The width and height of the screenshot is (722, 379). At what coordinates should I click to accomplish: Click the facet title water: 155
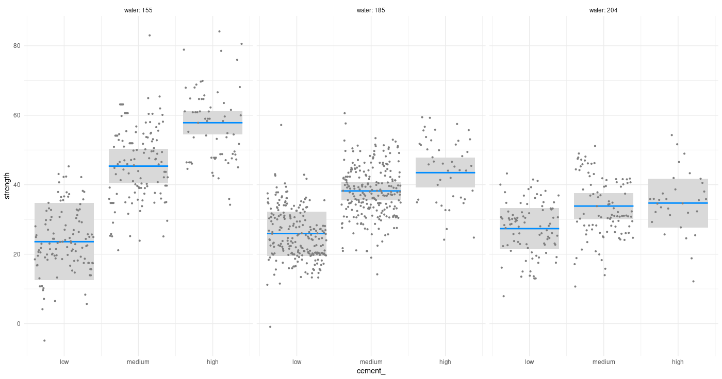(x=138, y=10)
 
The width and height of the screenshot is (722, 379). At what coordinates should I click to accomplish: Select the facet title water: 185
(x=371, y=10)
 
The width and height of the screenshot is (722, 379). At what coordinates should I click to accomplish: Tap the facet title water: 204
(x=603, y=10)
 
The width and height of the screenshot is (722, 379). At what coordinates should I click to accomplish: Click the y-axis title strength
(x=7, y=185)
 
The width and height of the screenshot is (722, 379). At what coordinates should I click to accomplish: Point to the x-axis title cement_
(x=371, y=371)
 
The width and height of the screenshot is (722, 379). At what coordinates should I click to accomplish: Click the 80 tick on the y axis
(x=17, y=46)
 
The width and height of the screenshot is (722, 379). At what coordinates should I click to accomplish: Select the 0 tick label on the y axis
(x=19, y=324)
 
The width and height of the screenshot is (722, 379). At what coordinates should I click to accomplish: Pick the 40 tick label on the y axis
(x=17, y=185)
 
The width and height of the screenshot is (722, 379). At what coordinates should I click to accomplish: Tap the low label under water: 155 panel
(x=64, y=362)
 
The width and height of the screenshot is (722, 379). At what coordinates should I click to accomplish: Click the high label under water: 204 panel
(x=678, y=362)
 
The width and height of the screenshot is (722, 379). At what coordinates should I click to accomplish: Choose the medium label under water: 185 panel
(x=371, y=362)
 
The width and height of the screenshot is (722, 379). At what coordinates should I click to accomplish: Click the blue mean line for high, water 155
(x=212, y=123)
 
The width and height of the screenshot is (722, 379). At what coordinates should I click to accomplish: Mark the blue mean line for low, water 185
(x=297, y=234)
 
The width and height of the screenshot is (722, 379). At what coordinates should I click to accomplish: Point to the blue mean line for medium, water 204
(x=603, y=206)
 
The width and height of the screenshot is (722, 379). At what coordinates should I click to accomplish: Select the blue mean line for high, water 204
(x=678, y=203)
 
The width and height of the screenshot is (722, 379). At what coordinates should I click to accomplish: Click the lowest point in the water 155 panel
(x=44, y=340)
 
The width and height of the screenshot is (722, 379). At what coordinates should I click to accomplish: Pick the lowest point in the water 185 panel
(x=270, y=327)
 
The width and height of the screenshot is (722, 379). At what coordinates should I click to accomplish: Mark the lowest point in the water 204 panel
(x=503, y=296)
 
